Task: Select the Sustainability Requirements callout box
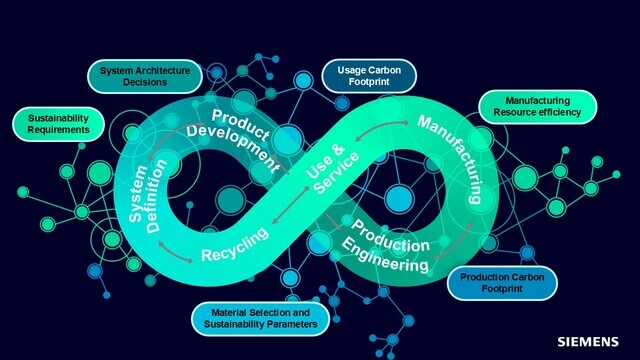click(51, 123)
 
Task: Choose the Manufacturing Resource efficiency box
click(537, 107)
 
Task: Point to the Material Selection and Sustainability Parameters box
click(257, 318)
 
